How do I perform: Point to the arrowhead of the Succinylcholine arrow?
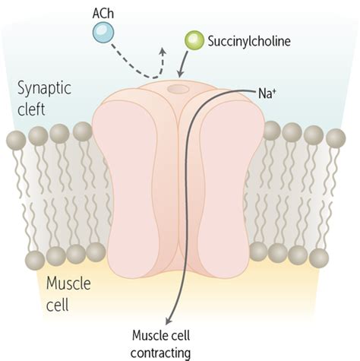pos(180,74)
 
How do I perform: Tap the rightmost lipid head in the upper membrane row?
pos(335,138)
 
